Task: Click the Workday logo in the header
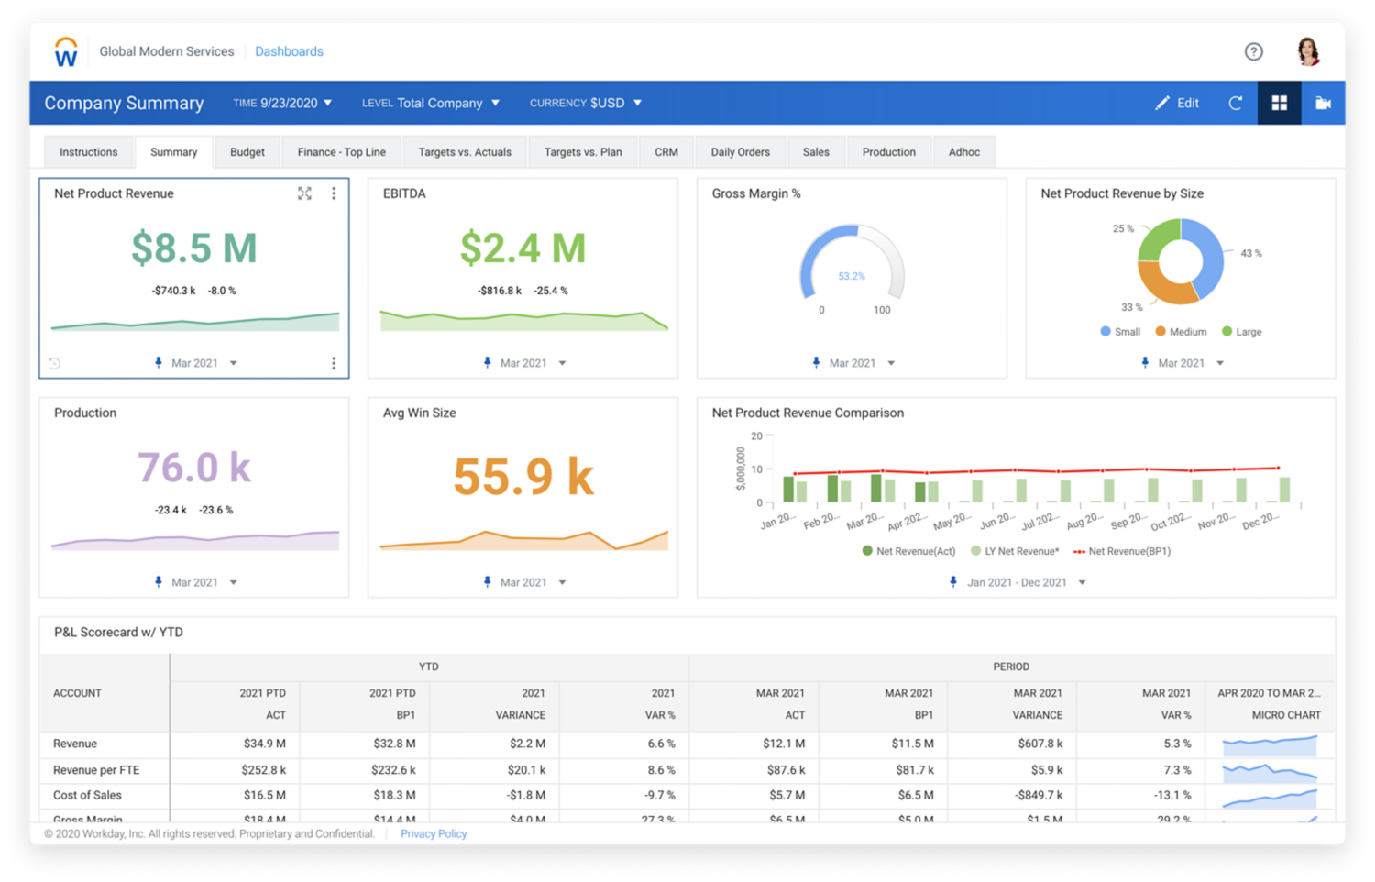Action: click(66, 52)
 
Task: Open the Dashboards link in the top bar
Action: click(289, 51)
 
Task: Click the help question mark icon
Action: click(1253, 51)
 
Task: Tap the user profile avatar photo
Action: click(1308, 51)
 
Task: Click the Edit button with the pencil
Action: click(1177, 103)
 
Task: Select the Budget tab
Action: click(247, 152)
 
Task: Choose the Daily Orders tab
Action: click(740, 152)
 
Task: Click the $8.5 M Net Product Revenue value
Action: click(193, 248)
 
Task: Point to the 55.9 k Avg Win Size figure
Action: click(523, 477)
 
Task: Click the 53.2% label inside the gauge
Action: click(851, 276)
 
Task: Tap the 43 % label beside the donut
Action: click(1250, 253)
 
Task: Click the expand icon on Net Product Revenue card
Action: click(304, 193)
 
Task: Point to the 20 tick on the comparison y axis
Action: click(756, 436)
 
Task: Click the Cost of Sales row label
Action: click(87, 795)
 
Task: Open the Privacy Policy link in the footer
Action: click(434, 833)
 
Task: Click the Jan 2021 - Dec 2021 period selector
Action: click(1017, 582)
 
